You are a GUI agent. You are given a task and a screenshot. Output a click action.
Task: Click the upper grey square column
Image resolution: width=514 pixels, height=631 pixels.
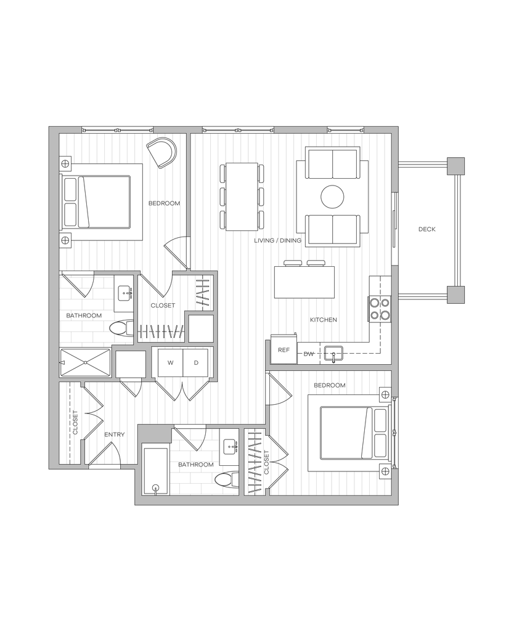(455, 166)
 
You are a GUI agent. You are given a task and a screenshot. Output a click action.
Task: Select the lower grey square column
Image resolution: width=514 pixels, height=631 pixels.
(455, 295)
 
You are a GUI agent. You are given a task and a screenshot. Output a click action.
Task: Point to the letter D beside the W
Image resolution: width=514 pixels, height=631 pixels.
(196, 363)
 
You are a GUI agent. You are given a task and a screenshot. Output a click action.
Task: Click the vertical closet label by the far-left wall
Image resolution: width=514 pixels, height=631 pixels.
(76, 422)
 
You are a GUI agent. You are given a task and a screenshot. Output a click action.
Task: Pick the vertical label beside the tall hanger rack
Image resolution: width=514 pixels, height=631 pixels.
(267, 462)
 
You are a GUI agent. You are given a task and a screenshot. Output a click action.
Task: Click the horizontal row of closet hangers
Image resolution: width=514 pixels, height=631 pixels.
(161, 332)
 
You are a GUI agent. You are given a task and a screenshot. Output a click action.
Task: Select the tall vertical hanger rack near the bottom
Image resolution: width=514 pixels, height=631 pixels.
(254, 462)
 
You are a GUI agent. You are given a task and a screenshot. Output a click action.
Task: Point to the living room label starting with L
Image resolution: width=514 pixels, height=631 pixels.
(277, 240)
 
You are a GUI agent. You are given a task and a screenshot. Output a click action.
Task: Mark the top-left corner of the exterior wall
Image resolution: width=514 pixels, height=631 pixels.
(54, 131)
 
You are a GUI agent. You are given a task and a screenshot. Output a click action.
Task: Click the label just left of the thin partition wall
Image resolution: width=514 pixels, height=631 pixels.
(164, 203)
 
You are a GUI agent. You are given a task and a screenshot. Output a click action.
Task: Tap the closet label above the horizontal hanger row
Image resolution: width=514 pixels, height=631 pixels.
(163, 305)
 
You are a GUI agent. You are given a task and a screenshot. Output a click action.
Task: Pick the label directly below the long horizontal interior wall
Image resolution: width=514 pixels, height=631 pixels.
(329, 385)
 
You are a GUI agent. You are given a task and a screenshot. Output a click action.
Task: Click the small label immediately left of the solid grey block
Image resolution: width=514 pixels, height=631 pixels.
(115, 434)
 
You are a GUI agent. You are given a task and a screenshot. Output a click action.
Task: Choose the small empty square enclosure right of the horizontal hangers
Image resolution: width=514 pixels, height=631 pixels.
(200, 328)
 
